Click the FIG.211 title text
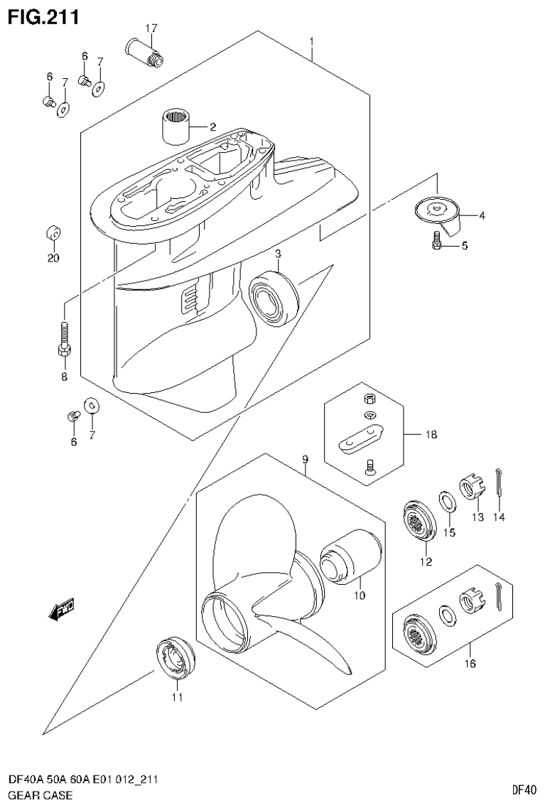[42, 15]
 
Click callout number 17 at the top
[151, 28]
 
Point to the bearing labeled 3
[274, 298]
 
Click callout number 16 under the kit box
[470, 664]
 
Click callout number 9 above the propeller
[305, 460]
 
